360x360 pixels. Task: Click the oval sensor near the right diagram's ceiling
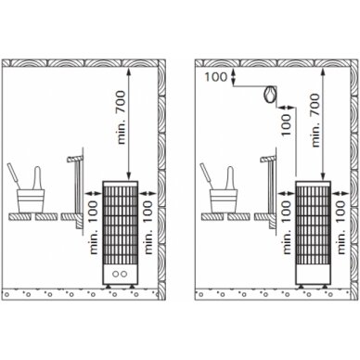[x=270, y=95]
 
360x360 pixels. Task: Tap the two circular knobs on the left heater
[x=120, y=274]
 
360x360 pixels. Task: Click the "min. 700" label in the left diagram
[x=122, y=117]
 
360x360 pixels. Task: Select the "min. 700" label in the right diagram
[x=315, y=121]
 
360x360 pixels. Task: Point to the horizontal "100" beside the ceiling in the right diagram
[x=216, y=77]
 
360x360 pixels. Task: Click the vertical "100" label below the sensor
[x=287, y=124]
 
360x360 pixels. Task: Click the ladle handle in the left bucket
[x=14, y=174]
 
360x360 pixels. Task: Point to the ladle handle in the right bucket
[x=206, y=174]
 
